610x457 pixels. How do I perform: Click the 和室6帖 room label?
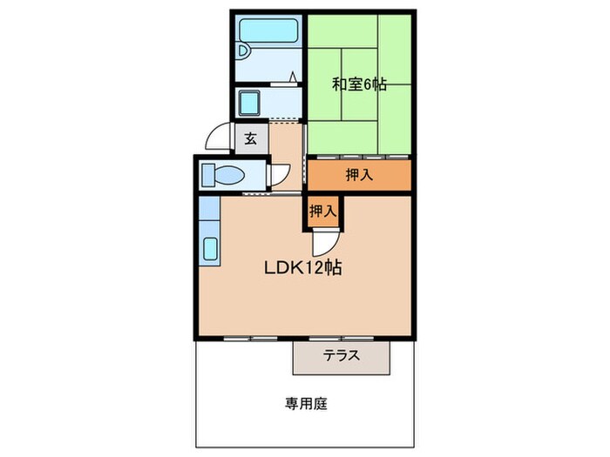click(359, 84)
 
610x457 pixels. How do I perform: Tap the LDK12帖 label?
click(302, 268)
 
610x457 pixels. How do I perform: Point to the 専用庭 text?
click(304, 403)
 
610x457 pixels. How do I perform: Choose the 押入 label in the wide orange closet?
click(358, 174)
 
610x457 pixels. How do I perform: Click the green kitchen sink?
click(210, 248)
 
